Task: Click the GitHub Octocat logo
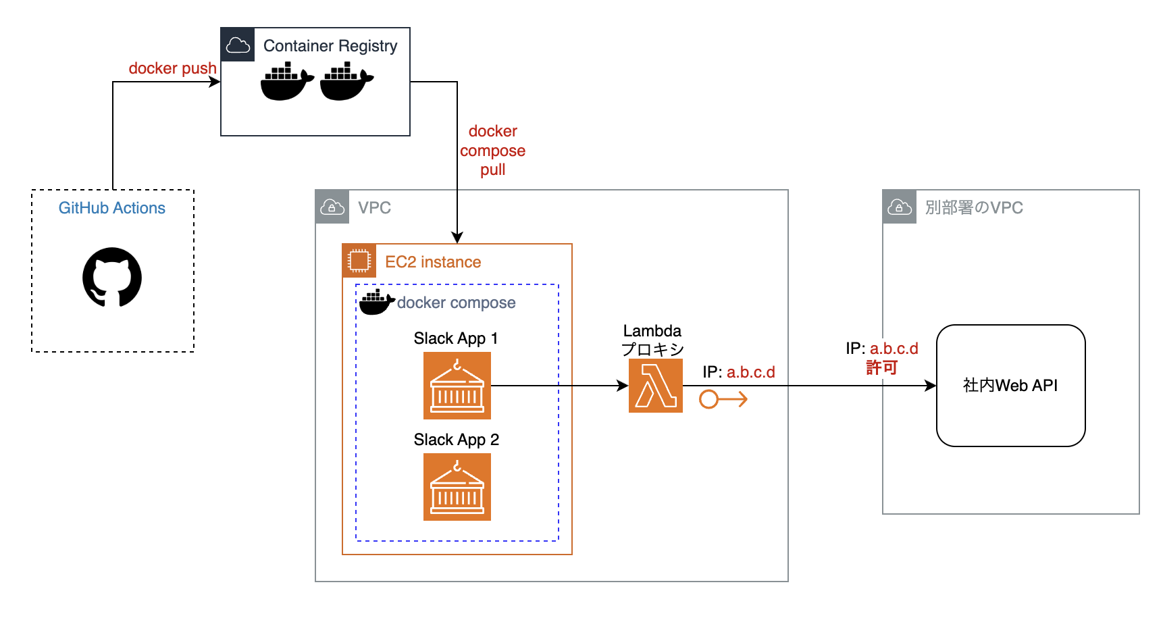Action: pyautogui.click(x=112, y=277)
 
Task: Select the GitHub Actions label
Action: pyautogui.click(x=112, y=208)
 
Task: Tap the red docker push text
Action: pyautogui.click(x=172, y=68)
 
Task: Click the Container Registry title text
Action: pyautogui.click(x=330, y=46)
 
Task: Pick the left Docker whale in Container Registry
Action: pyautogui.click(x=287, y=81)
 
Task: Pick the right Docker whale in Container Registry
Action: pyautogui.click(x=346, y=81)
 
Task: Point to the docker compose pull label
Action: pyautogui.click(x=493, y=151)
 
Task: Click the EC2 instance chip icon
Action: pyautogui.click(x=359, y=261)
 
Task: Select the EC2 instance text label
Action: pyautogui.click(x=433, y=262)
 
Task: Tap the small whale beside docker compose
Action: pyautogui.click(x=376, y=303)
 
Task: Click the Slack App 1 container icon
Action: pyautogui.click(x=457, y=386)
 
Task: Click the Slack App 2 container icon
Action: pyautogui.click(x=457, y=487)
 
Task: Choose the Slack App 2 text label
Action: pyautogui.click(x=457, y=440)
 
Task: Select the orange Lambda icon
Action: pyautogui.click(x=655, y=386)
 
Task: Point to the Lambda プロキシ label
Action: pyautogui.click(x=652, y=340)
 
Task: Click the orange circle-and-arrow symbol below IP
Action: pyautogui.click(x=723, y=399)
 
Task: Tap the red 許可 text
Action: pyautogui.click(x=882, y=367)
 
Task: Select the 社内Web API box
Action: pyautogui.click(x=1010, y=386)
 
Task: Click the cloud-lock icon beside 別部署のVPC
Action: pyautogui.click(x=900, y=207)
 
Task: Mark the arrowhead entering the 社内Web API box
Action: pyautogui.click(x=931, y=386)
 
